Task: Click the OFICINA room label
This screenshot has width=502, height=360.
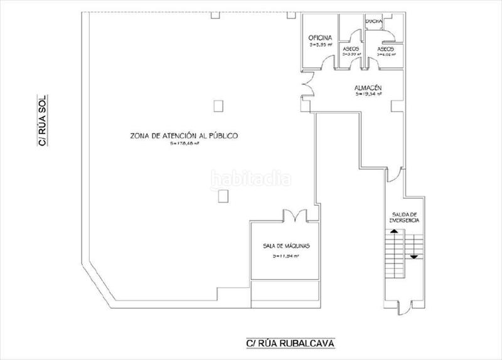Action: point(320,38)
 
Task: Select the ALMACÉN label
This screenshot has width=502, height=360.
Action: point(368,88)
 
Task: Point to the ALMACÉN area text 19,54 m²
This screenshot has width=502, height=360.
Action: point(368,95)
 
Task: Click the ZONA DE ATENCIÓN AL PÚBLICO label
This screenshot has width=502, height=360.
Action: point(175,135)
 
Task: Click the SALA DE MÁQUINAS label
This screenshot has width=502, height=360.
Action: point(286,246)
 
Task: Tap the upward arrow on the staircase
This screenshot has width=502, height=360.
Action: point(394,232)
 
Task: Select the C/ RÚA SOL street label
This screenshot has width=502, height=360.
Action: point(43,120)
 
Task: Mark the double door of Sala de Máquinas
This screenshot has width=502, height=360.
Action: point(294,216)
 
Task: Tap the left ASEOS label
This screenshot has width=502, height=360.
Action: point(350,49)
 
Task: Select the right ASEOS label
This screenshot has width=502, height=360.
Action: point(386,49)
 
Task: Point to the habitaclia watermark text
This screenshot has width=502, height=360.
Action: point(251,178)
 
